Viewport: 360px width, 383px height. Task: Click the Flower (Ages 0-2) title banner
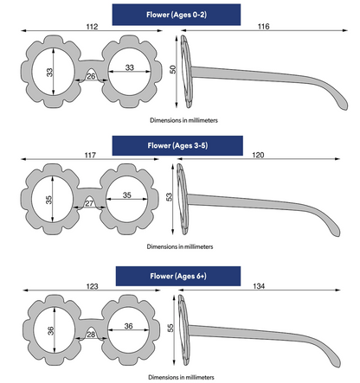click(x=177, y=15)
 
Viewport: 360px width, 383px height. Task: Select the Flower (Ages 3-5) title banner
click(x=177, y=145)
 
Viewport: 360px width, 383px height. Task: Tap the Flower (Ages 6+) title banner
click(x=178, y=276)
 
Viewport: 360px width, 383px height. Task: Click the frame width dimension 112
click(x=92, y=27)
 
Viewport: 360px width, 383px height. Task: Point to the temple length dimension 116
click(x=263, y=27)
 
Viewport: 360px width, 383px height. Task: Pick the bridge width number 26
click(x=91, y=76)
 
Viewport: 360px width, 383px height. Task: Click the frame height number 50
click(x=172, y=69)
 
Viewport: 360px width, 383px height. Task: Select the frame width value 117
click(x=90, y=156)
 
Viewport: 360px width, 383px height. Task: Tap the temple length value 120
click(x=258, y=155)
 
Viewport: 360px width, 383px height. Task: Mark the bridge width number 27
click(x=89, y=203)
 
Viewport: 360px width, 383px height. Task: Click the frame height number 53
click(x=170, y=197)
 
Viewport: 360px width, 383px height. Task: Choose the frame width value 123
click(x=92, y=286)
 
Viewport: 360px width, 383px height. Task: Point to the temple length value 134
click(x=259, y=286)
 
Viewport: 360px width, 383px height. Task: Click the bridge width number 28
click(x=91, y=335)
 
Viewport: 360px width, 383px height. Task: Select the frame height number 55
click(x=170, y=328)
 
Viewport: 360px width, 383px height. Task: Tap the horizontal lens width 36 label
click(x=129, y=326)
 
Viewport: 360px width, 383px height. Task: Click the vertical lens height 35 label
click(x=49, y=200)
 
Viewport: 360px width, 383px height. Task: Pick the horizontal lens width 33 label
click(x=130, y=67)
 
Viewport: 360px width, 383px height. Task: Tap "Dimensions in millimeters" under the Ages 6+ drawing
click(x=181, y=377)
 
